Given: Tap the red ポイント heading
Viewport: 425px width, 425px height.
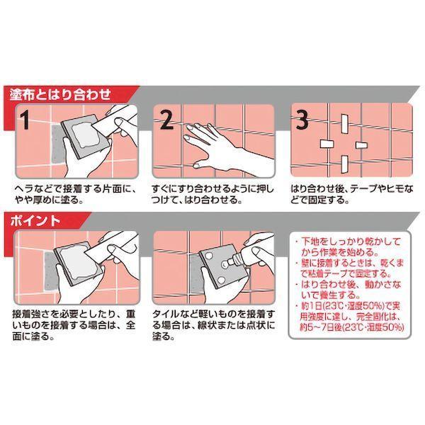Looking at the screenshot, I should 39,220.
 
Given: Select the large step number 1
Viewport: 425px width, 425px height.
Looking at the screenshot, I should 25,120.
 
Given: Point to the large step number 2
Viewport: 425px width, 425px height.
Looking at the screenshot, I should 166,120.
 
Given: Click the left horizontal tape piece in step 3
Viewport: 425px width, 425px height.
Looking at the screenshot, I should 327,144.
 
